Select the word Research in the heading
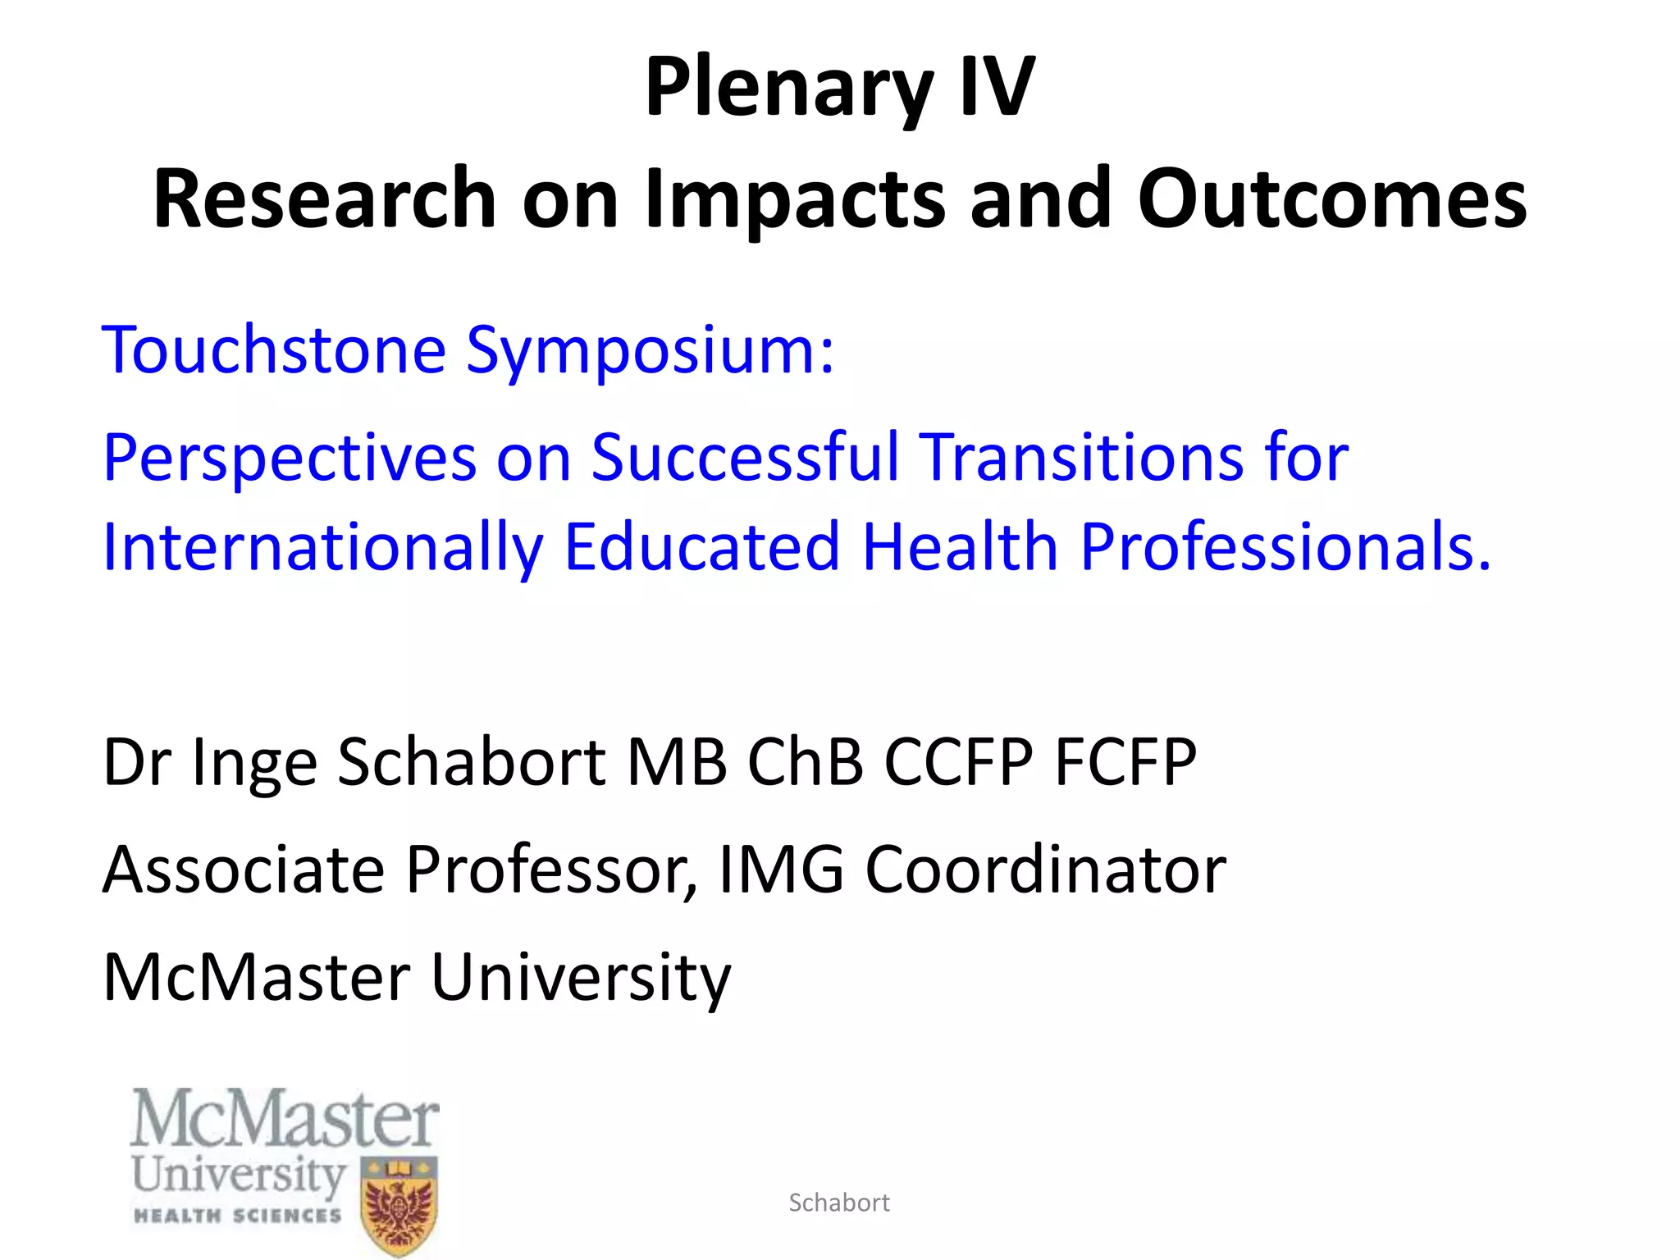pyautogui.click(x=325, y=199)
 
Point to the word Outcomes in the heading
pyautogui.click(x=1331, y=199)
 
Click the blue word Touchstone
pyautogui.click(x=274, y=350)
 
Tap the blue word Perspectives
pyautogui.click(x=290, y=459)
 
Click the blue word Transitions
pyautogui.click(x=1081, y=457)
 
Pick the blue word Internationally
pyautogui.click(x=323, y=548)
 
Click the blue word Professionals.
pyautogui.click(x=1285, y=547)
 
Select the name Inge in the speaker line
pyautogui.click(x=254, y=763)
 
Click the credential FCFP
pyautogui.click(x=1125, y=762)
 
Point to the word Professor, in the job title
pyautogui.click(x=552, y=870)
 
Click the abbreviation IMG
pyautogui.click(x=781, y=870)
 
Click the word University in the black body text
pyautogui.click(x=580, y=978)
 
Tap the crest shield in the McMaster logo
pyautogui.click(x=399, y=1205)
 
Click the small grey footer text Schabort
pyautogui.click(x=838, y=1203)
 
